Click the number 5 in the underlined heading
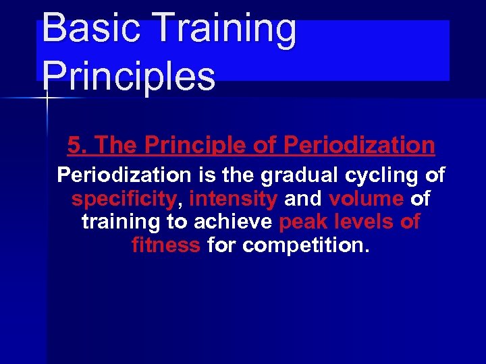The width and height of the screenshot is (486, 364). [x=74, y=145]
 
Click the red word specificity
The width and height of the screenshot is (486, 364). [x=124, y=199]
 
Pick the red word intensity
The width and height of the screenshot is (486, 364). [x=234, y=199]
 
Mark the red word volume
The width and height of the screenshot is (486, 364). [x=366, y=199]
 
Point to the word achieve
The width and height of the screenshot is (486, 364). [x=233, y=221]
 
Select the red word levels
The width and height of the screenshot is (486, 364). [x=363, y=221]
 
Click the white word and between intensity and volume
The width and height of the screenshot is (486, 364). [x=303, y=199]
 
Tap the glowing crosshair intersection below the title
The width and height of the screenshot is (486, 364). [x=47, y=98]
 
